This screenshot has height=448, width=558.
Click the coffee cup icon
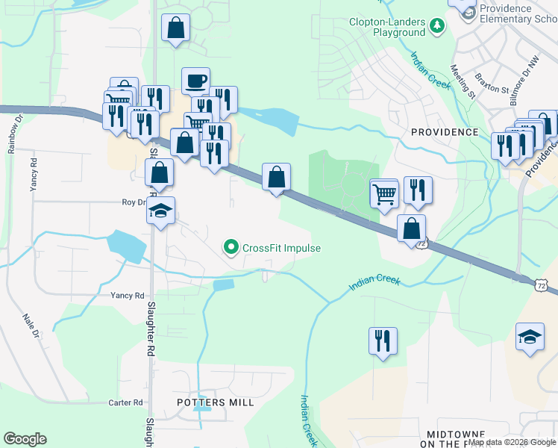[195, 81]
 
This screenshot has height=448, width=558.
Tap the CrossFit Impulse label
[281, 248]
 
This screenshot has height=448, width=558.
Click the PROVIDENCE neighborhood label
[445, 132]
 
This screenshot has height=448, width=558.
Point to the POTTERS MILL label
[215, 402]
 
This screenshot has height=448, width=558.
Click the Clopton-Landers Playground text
[388, 27]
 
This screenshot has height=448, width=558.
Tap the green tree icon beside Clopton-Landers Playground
[436, 27]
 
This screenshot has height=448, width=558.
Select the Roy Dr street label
[133, 202]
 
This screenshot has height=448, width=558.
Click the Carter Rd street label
[125, 402]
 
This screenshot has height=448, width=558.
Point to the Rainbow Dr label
[12, 133]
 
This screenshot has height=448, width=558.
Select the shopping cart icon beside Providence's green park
[384, 193]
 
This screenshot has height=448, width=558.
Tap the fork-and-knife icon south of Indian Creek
[383, 340]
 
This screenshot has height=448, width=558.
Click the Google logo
[25, 439]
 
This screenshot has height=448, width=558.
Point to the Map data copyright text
[512, 442]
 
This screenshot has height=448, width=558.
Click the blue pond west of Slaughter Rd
[124, 246]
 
